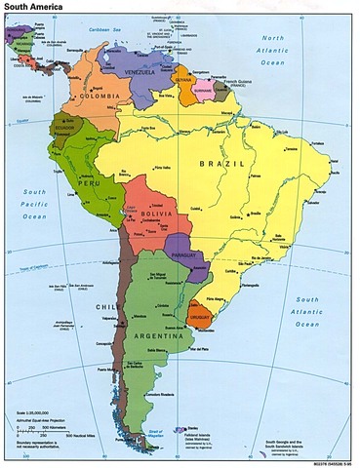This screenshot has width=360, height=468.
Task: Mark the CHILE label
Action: (x=107, y=305)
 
